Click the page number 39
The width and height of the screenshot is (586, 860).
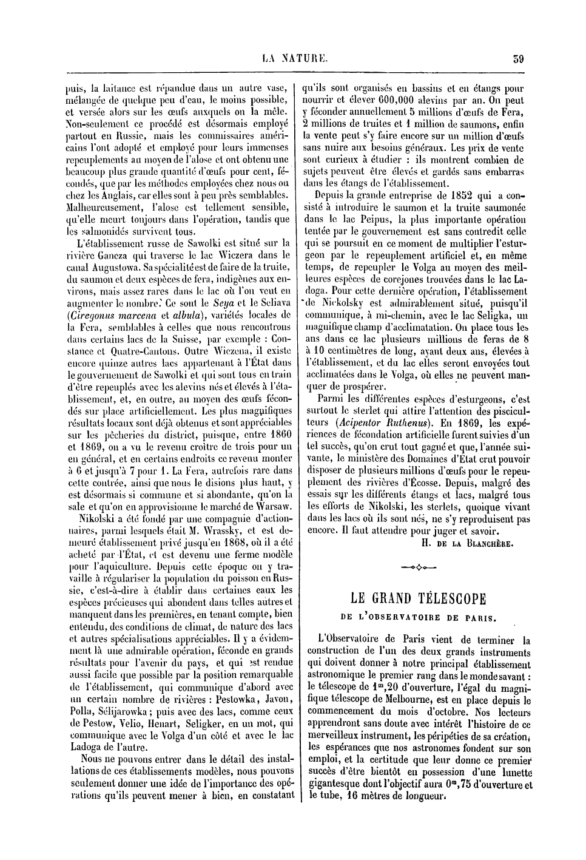pyautogui.click(x=517, y=59)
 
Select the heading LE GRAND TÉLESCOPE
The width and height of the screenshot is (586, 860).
pyautogui.click(x=419, y=599)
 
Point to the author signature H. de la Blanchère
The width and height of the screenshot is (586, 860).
pyautogui.click(x=466, y=543)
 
